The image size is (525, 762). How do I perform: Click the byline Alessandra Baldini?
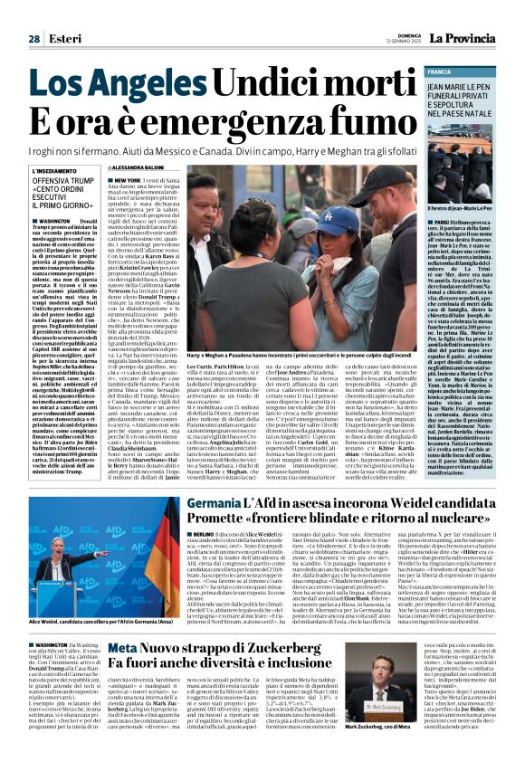[141, 168]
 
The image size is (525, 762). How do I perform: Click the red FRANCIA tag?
[441, 71]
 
